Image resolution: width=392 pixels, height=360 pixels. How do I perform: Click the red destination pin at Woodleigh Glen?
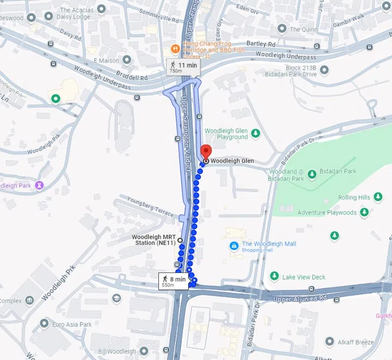(206, 152)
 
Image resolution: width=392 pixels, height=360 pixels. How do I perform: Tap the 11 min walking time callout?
(183, 67)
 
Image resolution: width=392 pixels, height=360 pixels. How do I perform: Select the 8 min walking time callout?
(173, 281)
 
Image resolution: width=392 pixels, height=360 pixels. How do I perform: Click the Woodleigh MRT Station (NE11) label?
(154, 240)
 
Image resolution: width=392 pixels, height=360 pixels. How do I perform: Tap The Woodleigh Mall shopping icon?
(234, 246)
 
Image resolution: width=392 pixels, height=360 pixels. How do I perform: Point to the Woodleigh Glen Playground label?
(226, 134)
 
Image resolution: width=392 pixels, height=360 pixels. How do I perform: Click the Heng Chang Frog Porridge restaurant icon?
(175, 48)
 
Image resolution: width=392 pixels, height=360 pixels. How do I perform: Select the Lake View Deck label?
(303, 277)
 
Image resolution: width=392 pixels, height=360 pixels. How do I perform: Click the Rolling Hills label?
(354, 197)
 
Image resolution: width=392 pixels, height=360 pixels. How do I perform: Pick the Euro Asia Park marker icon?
(44, 324)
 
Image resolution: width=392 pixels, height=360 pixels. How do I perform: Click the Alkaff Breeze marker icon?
(329, 342)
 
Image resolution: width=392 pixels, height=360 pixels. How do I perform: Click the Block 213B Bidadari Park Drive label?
(293, 70)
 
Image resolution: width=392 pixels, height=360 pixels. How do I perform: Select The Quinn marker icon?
(282, 29)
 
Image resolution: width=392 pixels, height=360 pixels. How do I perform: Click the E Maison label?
(106, 60)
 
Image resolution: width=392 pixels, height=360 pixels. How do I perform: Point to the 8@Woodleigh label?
(117, 352)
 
